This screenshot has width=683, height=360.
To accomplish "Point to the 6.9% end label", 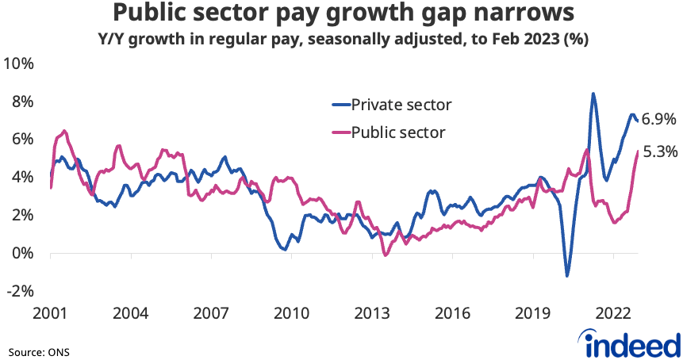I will click(659, 120).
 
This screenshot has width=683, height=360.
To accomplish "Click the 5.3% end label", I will click(659, 151).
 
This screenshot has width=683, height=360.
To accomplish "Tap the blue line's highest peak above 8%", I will click(593, 94).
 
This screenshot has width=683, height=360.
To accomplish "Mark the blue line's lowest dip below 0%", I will click(567, 276).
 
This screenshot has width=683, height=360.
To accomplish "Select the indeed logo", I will click(632, 343).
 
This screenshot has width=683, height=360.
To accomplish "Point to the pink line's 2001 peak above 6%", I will click(64, 131).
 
